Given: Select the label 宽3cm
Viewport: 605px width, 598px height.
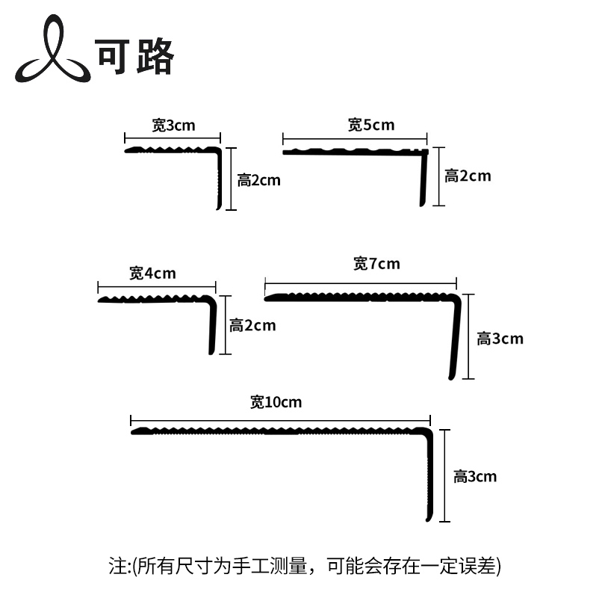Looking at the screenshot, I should [173, 125].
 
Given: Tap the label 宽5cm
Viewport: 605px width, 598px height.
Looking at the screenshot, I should [370, 125].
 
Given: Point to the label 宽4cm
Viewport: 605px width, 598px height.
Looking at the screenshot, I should [152, 273].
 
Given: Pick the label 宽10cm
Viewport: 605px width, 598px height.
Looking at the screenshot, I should [276, 402].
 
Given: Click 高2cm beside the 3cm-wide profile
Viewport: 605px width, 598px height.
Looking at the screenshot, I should [259, 180].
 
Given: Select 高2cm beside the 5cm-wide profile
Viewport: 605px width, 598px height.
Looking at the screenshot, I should [468, 176].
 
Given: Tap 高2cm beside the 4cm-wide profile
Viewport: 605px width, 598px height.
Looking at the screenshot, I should [252, 325].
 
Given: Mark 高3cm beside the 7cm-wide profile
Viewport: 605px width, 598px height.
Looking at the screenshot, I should [500, 339].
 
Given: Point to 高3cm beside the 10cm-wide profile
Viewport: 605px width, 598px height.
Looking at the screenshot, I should [474, 476].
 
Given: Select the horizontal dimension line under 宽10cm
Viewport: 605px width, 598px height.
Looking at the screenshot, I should [280, 419].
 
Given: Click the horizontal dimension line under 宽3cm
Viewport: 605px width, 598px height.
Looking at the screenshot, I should [173, 138].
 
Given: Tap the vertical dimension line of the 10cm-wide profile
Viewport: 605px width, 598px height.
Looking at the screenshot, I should [445, 475].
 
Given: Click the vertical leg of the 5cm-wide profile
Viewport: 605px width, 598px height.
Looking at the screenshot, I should [423, 179].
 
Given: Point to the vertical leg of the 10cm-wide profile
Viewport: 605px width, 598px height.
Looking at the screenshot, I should [427, 478].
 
